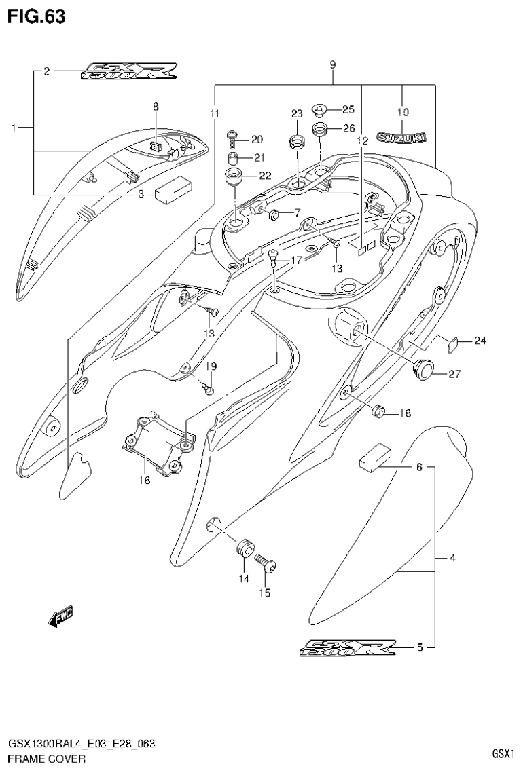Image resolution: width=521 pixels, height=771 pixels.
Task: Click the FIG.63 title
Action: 36,17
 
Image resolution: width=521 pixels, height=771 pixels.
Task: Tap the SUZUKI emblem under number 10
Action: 401,138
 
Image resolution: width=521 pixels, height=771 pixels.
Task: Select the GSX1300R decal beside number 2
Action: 128,71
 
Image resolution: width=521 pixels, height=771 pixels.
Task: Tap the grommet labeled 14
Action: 244,547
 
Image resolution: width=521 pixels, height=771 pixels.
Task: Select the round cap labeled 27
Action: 423,369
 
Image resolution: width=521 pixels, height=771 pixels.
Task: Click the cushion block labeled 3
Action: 174,191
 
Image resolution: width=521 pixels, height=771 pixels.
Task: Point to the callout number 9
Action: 333,65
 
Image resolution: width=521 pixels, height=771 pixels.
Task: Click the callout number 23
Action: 296,113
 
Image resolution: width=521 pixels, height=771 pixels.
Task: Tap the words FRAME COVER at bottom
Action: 47,758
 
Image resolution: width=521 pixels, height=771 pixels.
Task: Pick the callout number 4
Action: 452,559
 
